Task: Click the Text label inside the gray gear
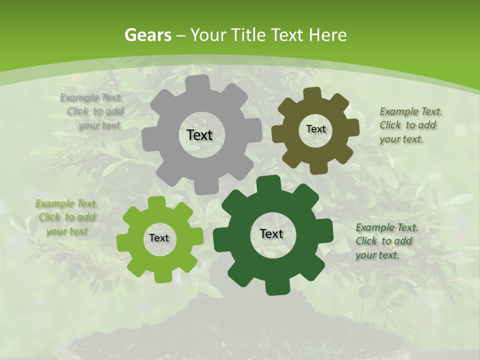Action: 199,135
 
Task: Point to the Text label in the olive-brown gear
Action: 315,129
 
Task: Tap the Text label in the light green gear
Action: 159,238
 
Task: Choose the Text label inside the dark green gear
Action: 271,233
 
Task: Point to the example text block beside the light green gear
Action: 66,217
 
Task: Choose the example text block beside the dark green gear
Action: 386,241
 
